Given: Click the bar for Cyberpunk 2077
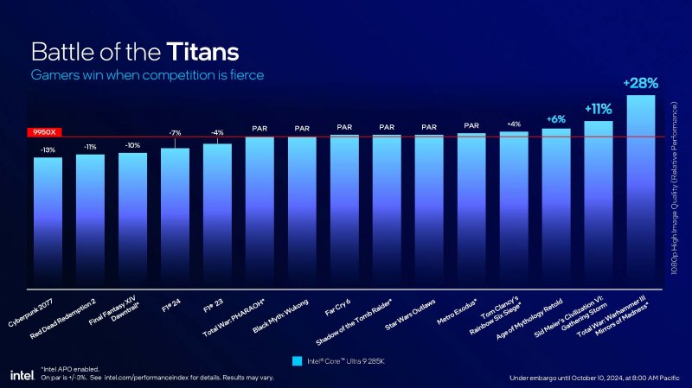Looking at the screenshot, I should coord(48,220).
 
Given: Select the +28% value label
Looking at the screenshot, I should coord(640,83).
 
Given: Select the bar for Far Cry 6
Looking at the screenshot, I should coord(344,207).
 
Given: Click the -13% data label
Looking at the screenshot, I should coord(48,149).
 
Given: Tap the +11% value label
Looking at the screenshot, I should coord(599,109).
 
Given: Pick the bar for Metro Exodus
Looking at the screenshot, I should coord(471,207).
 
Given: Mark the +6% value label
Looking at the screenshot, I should coord(556,118).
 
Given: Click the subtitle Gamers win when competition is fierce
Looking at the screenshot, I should coord(147,75).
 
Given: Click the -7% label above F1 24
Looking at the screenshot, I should coord(175,132).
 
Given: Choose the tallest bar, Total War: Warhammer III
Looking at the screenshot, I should coord(640,190).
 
